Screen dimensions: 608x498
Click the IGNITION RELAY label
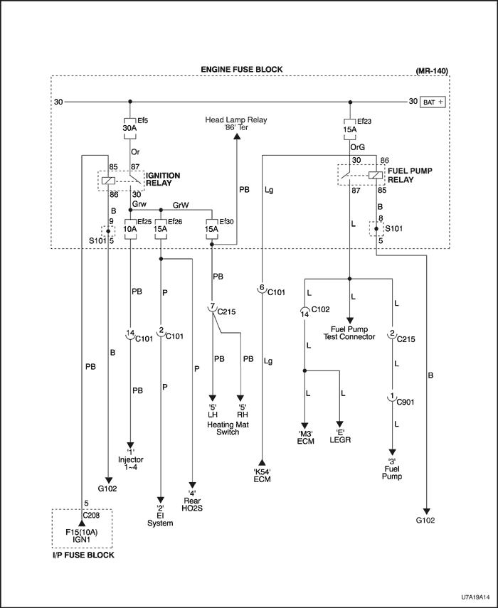pos(163,178)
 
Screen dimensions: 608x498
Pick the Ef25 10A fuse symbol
pos(129,230)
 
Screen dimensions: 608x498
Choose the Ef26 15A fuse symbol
pos(161,230)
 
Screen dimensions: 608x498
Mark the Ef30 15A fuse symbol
pos(212,230)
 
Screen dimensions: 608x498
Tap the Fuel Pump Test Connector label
pos(349,333)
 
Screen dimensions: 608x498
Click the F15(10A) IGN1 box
pos(82,535)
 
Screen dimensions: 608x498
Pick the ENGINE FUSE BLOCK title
pos(242,69)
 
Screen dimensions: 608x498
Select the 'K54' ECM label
pos(263,475)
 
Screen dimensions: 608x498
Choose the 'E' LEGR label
pos(343,435)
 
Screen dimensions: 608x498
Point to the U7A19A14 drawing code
pos(471,599)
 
